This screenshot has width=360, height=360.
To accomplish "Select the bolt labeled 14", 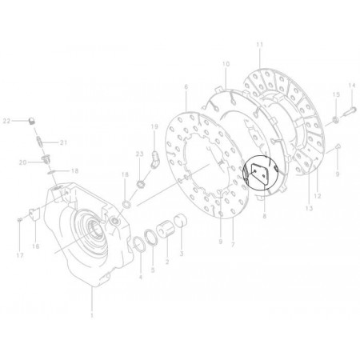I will (346, 119).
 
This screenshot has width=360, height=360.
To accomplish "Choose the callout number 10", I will (226, 63).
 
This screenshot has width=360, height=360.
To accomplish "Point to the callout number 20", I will (24, 162).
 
